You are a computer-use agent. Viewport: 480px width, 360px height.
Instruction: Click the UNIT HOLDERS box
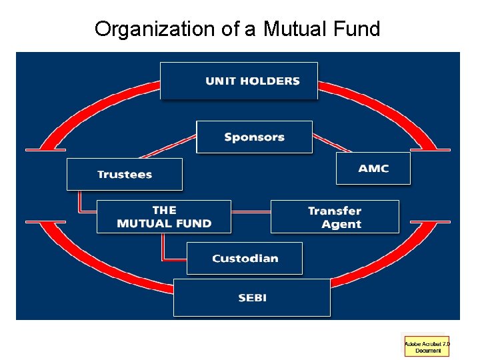click(239, 81)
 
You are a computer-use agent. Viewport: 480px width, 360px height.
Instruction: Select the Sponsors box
click(254, 137)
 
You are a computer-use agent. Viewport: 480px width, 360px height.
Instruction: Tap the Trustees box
click(124, 174)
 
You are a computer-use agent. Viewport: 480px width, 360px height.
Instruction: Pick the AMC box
click(373, 168)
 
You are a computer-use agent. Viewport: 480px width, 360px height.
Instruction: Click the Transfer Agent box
click(335, 217)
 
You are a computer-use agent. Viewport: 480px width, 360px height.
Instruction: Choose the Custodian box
click(245, 258)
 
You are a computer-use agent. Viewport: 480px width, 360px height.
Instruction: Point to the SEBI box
click(251, 297)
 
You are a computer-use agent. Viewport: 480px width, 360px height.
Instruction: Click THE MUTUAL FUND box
click(164, 217)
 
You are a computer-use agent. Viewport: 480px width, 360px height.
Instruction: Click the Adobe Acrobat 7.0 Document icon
click(427, 346)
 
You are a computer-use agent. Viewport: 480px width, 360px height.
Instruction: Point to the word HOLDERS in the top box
click(269, 81)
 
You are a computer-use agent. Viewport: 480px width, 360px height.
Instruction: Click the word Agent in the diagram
click(341, 224)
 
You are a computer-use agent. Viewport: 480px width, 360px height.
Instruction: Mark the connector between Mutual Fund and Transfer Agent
click(251, 212)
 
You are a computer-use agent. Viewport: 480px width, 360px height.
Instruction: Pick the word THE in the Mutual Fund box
click(164, 210)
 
